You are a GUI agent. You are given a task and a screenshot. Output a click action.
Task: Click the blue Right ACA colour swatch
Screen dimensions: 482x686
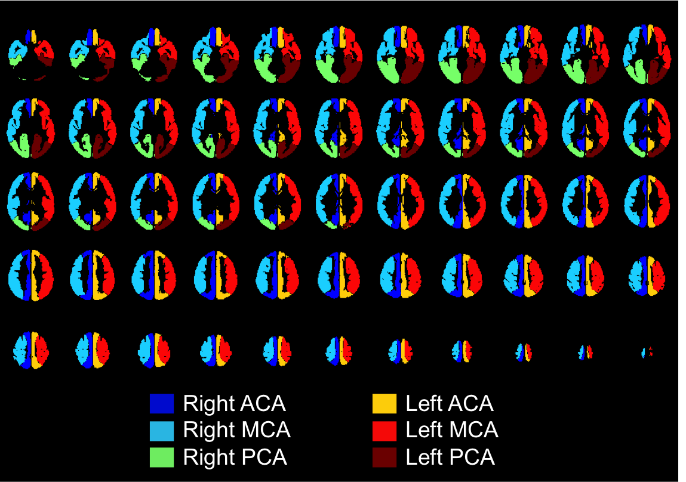[x=161, y=403]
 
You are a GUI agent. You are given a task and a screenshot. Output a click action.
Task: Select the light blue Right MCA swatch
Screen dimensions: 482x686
[x=161, y=430]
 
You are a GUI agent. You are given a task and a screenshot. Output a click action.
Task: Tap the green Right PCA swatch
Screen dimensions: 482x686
[x=161, y=457]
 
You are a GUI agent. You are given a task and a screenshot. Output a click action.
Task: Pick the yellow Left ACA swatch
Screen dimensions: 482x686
[x=384, y=403]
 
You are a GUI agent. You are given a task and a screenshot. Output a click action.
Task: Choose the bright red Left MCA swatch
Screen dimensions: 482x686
[x=384, y=430]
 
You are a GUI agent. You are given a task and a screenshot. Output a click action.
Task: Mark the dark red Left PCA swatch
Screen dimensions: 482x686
[x=384, y=457]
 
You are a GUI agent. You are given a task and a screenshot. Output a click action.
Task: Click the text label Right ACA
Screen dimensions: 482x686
[x=235, y=404]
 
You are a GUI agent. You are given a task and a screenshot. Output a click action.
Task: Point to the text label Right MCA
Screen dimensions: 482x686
[x=237, y=430]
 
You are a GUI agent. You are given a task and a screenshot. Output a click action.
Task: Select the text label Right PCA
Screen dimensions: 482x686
[x=235, y=457]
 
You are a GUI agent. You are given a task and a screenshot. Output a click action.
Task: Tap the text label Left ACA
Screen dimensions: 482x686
[x=450, y=404]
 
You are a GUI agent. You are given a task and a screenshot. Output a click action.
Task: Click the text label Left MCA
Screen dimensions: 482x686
[x=452, y=430]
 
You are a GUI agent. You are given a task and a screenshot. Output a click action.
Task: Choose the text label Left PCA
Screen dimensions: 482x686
[x=450, y=457]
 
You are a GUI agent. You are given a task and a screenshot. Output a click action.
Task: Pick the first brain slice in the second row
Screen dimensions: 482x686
[x=30, y=128]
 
